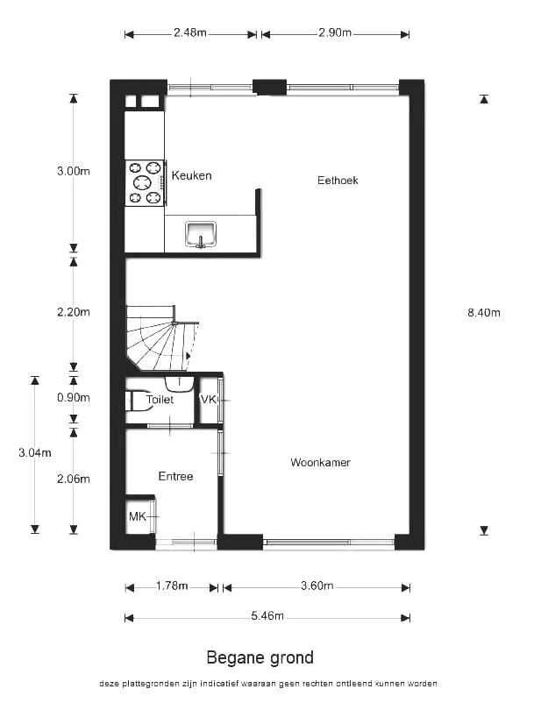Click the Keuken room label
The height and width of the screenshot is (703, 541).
[x=191, y=175]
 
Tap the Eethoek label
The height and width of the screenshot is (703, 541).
[x=338, y=181]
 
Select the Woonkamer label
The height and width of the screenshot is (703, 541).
[x=320, y=462]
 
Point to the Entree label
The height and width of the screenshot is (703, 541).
[x=175, y=476]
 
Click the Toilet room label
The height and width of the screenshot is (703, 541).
[x=160, y=399]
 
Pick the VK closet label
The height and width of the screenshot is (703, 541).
[x=208, y=399]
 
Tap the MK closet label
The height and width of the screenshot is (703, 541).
[x=138, y=516]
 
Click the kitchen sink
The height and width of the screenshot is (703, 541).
[x=201, y=234]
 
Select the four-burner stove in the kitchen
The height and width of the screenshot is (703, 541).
[x=146, y=183]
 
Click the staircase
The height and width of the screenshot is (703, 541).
[x=161, y=338]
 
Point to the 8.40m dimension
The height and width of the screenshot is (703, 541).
[x=484, y=313]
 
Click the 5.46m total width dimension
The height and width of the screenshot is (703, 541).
[x=267, y=616]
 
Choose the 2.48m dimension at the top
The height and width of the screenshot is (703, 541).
[x=190, y=32]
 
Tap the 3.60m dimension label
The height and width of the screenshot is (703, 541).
[x=317, y=586]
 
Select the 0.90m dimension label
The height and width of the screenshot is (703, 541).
[x=74, y=397]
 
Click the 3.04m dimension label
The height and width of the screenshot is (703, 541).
[x=35, y=453]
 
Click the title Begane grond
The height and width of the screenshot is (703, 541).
[x=260, y=657]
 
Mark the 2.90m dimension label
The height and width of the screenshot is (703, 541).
[x=335, y=32]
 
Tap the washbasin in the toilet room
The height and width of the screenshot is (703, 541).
[x=180, y=384]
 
